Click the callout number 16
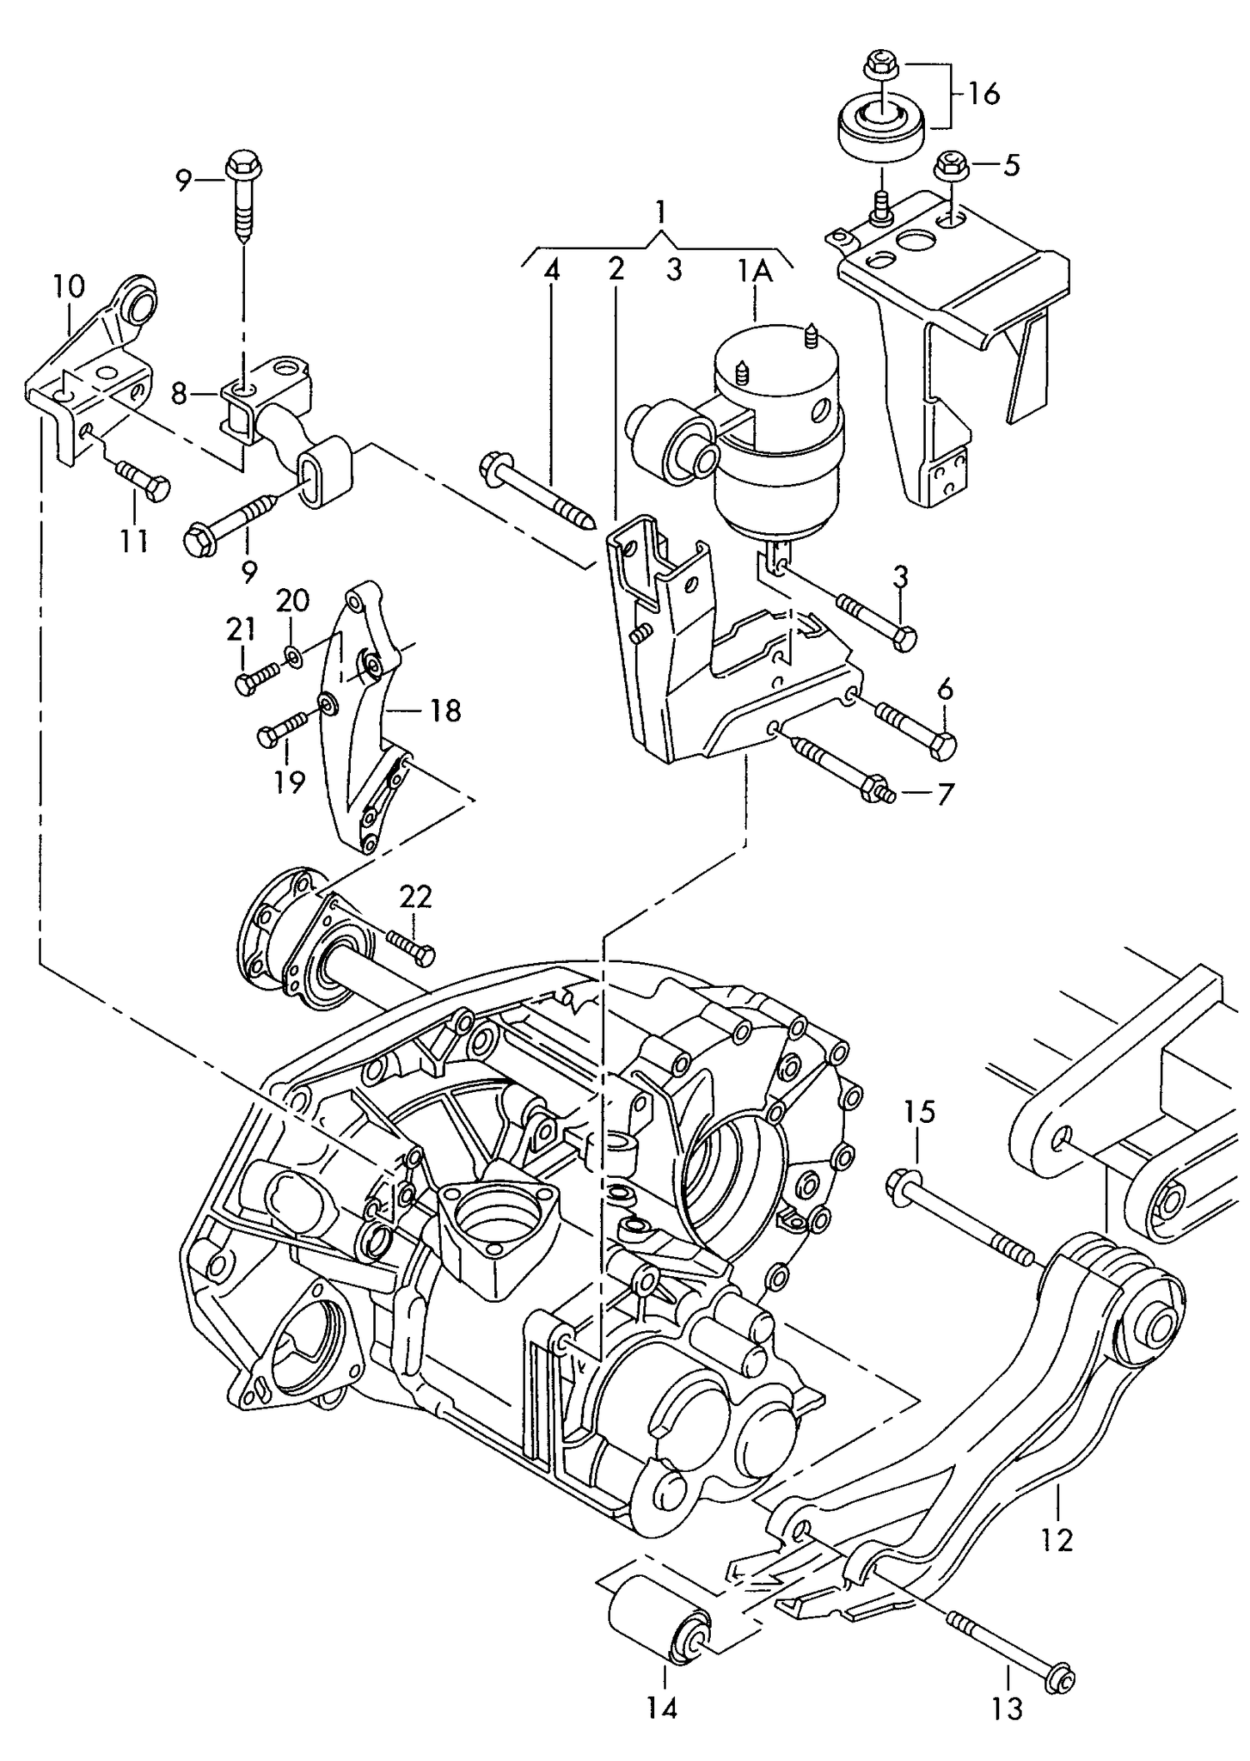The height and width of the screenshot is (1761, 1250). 983,94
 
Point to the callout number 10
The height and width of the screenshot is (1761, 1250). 69,287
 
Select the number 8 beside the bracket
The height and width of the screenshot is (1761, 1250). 178,393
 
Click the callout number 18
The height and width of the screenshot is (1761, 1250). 446,711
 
